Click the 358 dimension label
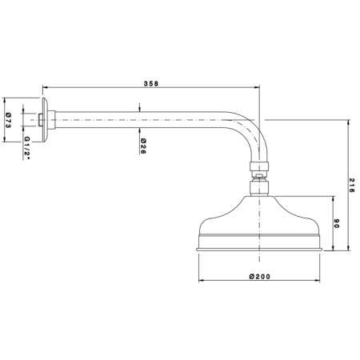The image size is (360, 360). (x=151, y=83)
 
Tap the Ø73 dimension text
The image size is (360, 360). (x=8, y=120)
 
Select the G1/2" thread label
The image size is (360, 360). (x=27, y=148)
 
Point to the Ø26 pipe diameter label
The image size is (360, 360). (x=143, y=146)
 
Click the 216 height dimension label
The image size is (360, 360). (x=352, y=186)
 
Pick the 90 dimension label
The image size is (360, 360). (x=337, y=223)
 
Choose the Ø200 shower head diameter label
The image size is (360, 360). (x=260, y=277)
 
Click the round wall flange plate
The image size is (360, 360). (x=45, y=120)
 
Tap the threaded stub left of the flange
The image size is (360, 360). (x=40, y=120)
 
